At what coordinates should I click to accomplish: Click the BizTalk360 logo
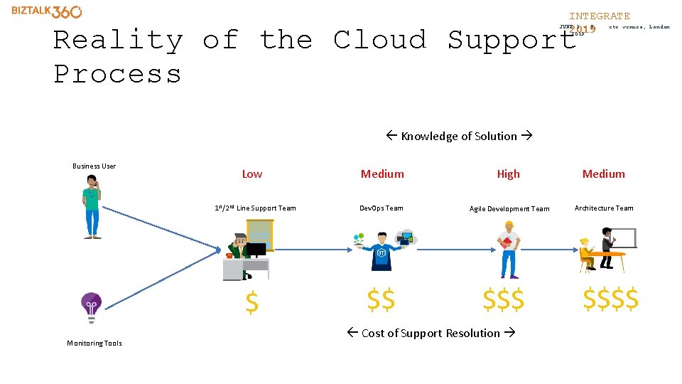tap(46, 11)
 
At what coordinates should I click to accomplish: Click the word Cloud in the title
tap(380, 40)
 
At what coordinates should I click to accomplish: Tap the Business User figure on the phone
tap(92, 207)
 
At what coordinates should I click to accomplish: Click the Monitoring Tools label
tap(94, 343)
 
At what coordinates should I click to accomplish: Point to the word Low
tap(252, 174)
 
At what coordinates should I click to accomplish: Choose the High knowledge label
tap(508, 174)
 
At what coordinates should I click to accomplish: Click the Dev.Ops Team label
tap(381, 208)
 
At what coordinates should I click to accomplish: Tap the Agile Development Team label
tap(509, 209)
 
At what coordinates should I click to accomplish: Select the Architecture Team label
tap(604, 208)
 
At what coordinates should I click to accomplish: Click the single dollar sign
tap(251, 303)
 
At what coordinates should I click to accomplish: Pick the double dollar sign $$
tap(381, 300)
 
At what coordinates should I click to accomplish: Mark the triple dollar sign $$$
tap(503, 300)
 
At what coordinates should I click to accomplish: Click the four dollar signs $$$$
tap(610, 299)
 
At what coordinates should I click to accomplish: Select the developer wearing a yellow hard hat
tap(508, 249)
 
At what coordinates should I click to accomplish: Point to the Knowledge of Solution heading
tap(459, 137)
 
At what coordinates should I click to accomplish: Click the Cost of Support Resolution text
tap(431, 334)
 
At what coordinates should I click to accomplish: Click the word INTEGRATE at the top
tap(599, 16)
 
